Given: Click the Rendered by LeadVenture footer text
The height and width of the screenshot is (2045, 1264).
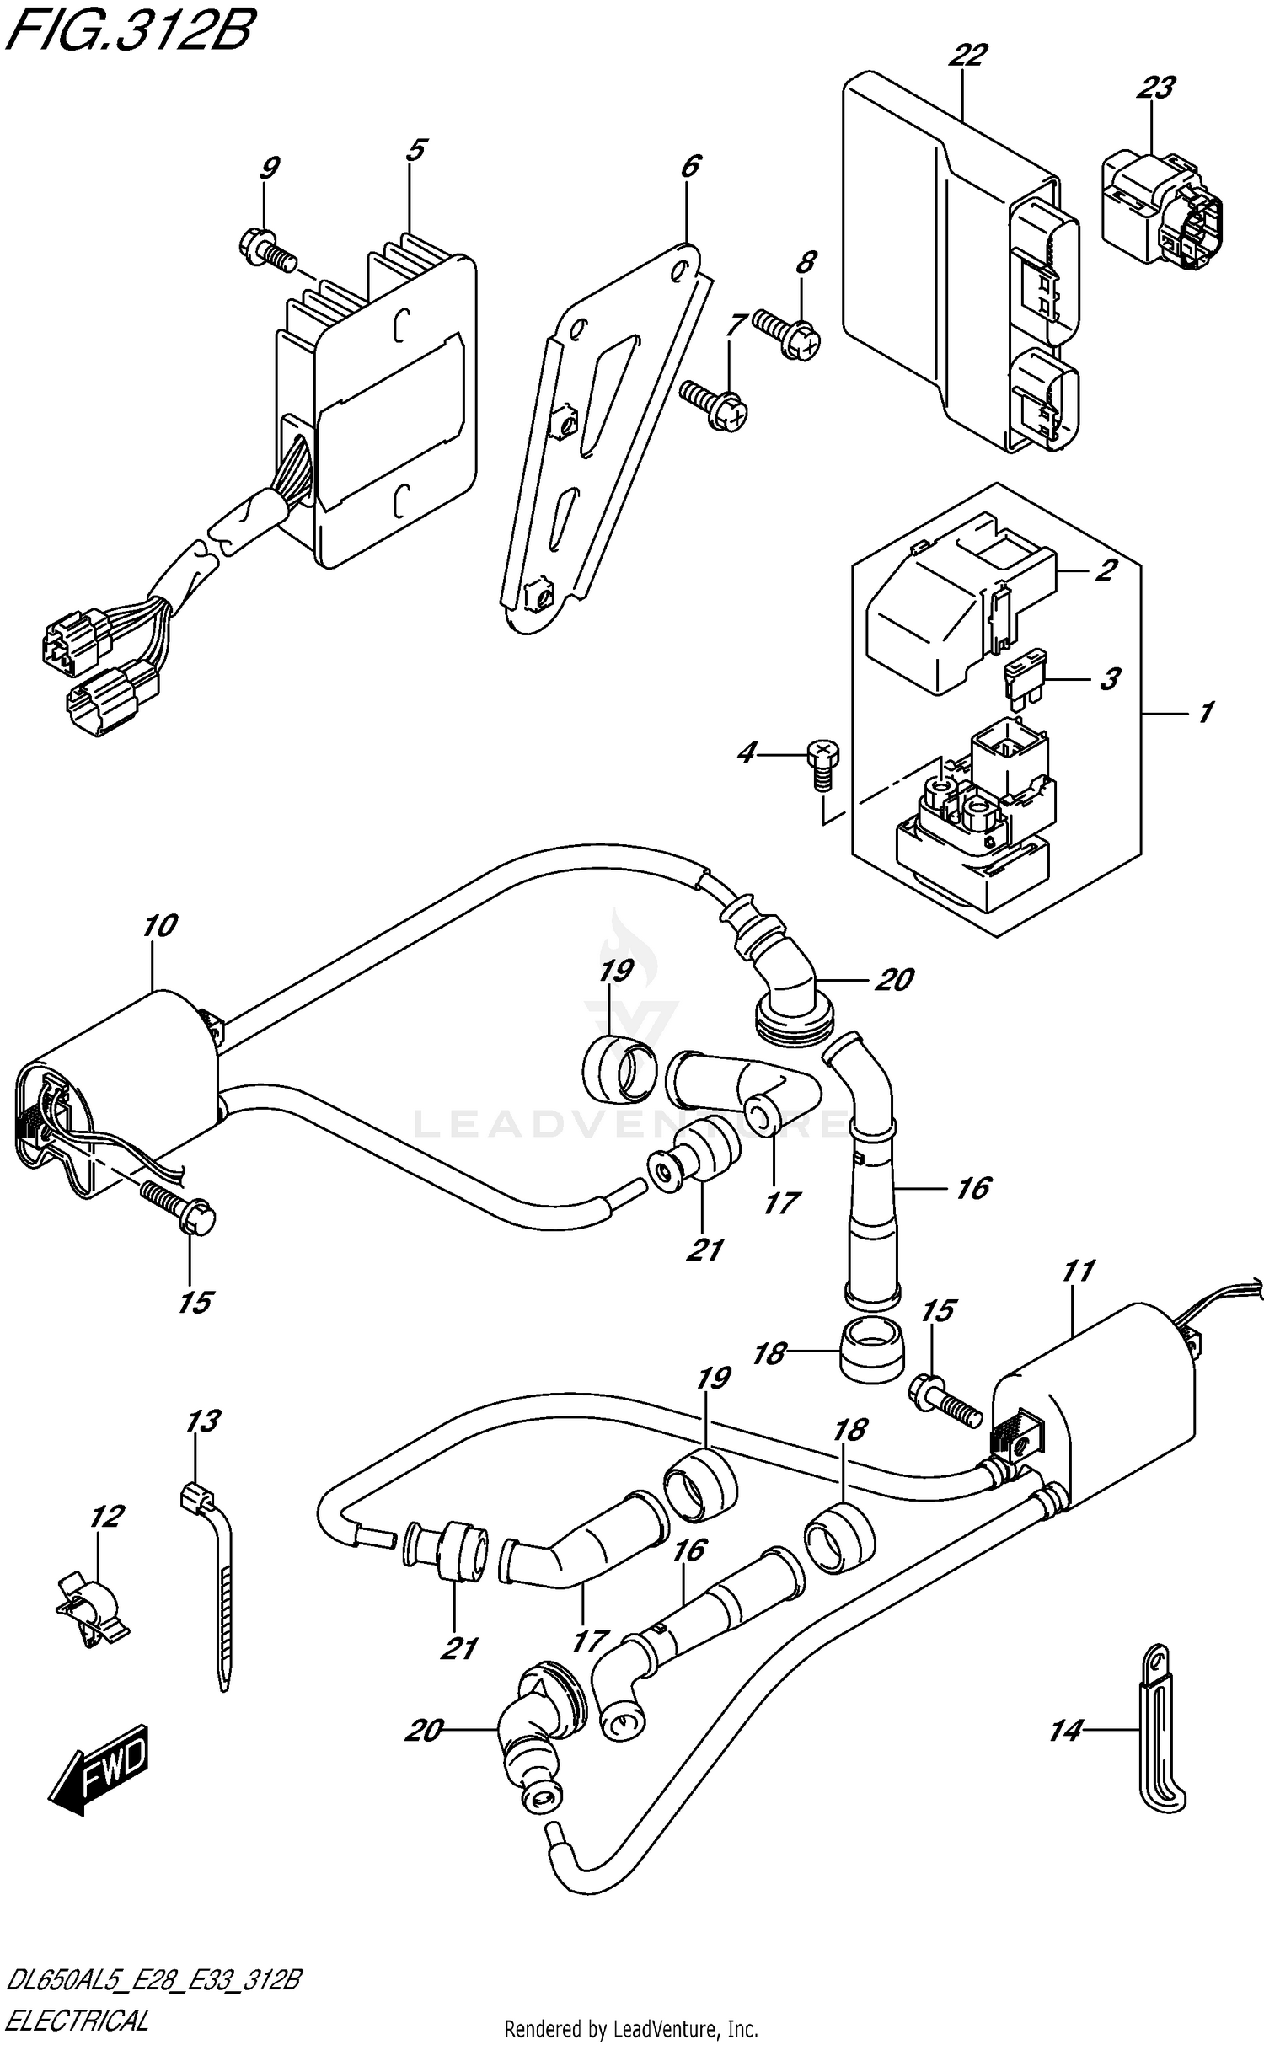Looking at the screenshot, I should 630,2027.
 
